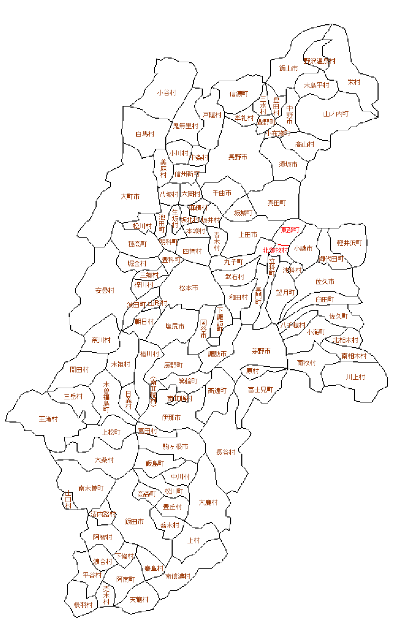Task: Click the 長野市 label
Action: [238, 157]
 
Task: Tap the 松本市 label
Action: [188, 288]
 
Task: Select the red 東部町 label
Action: [290, 230]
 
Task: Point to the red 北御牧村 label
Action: [276, 250]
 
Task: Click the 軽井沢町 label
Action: [350, 243]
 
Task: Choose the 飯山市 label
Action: [289, 69]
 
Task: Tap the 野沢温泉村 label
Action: [319, 61]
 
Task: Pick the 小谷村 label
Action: [166, 93]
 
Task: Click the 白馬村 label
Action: [145, 134]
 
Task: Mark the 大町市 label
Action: [130, 197]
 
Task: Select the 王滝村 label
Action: [49, 419]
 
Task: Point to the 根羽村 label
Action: [83, 605]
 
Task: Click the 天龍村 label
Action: [139, 600]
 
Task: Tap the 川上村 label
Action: [355, 377]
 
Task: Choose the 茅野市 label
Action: [261, 351]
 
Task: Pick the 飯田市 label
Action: [135, 522]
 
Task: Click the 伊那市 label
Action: [172, 418]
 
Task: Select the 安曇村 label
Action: [105, 291]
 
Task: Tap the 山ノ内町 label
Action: [336, 114]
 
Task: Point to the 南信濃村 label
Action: [177, 577]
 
